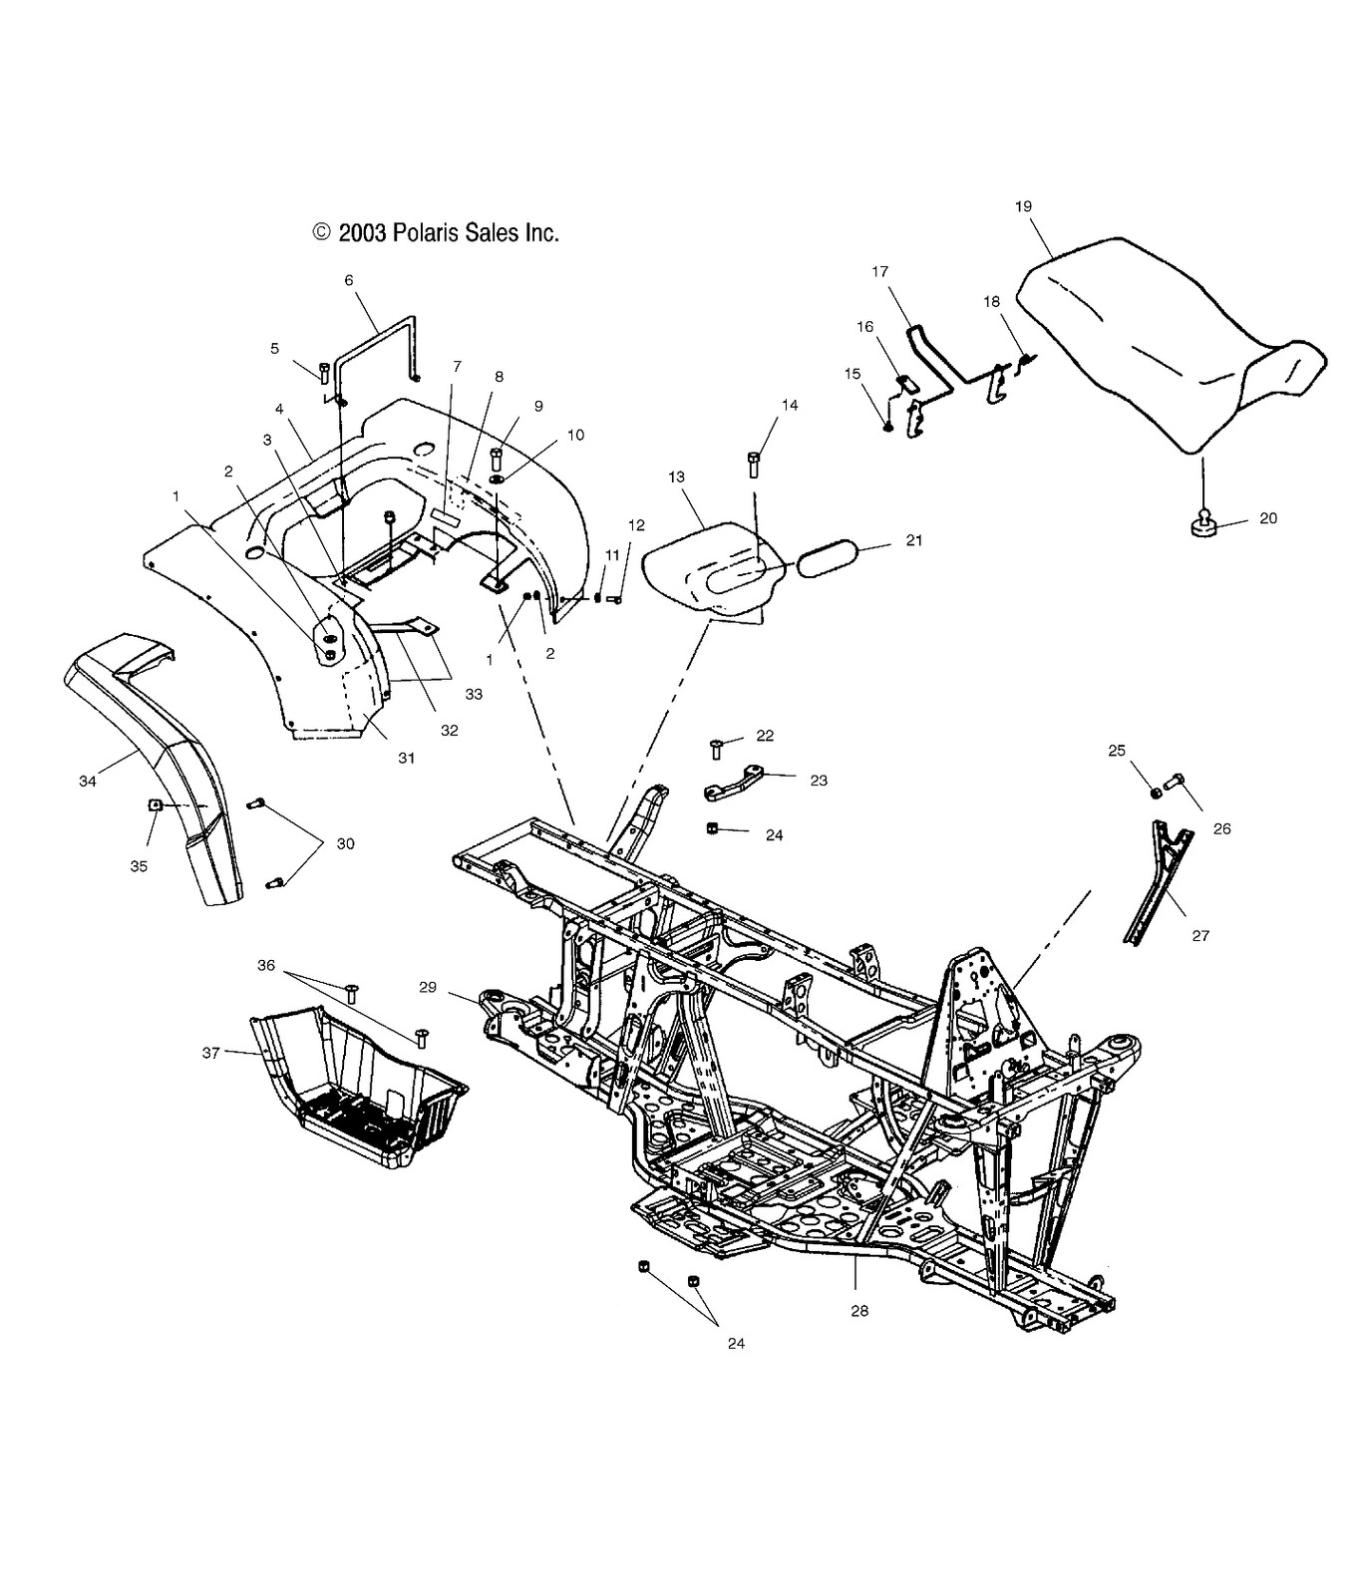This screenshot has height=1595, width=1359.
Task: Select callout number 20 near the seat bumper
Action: coord(1267,518)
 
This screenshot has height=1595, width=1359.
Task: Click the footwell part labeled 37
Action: coord(359,1092)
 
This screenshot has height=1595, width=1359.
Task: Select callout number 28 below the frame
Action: coord(858,1311)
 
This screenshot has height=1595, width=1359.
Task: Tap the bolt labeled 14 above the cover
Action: coord(754,465)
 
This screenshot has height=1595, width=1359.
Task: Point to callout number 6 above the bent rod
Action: coord(349,280)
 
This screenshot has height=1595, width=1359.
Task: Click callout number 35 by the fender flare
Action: coord(139,866)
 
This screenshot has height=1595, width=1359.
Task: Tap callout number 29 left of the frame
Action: coord(427,987)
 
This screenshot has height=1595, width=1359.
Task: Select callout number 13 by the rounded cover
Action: coord(677,478)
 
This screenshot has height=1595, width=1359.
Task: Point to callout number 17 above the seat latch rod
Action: coord(879,271)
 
